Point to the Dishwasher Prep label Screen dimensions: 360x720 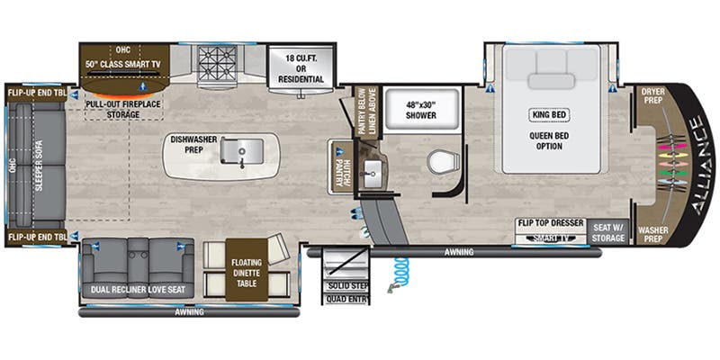193,146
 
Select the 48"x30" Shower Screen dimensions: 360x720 421,110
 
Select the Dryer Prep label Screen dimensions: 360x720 652,96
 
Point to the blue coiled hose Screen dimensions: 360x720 399,269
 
